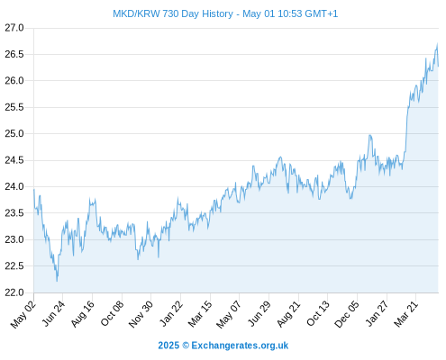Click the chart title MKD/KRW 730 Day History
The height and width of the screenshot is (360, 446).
point(173,13)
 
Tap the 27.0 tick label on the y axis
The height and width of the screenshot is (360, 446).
point(14,28)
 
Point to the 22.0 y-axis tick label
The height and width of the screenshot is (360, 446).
point(14,292)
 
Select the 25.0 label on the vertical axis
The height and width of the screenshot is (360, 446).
point(14,133)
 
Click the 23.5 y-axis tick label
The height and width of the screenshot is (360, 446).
point(14,213)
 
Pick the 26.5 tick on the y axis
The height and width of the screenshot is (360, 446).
point(14,54)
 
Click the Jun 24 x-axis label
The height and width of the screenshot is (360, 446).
point(53,313)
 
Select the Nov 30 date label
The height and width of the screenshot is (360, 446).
point(141,313)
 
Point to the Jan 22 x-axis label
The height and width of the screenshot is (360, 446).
point(171,313)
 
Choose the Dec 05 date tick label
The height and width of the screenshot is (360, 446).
point(347,313)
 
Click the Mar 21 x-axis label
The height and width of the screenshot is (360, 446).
point(406,313)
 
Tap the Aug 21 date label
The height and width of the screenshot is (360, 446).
point(288,313)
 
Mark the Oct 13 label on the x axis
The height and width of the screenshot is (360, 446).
point(318,313)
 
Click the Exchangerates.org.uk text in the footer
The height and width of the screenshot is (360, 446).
point(240,346)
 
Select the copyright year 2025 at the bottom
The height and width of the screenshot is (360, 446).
point(168,346)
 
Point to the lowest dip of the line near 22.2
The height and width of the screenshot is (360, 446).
point(57,281)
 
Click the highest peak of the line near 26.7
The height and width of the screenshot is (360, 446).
point(437,44)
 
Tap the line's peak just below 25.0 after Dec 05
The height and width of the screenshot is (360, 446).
point(370,135)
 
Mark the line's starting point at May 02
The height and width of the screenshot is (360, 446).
point(34,190)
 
